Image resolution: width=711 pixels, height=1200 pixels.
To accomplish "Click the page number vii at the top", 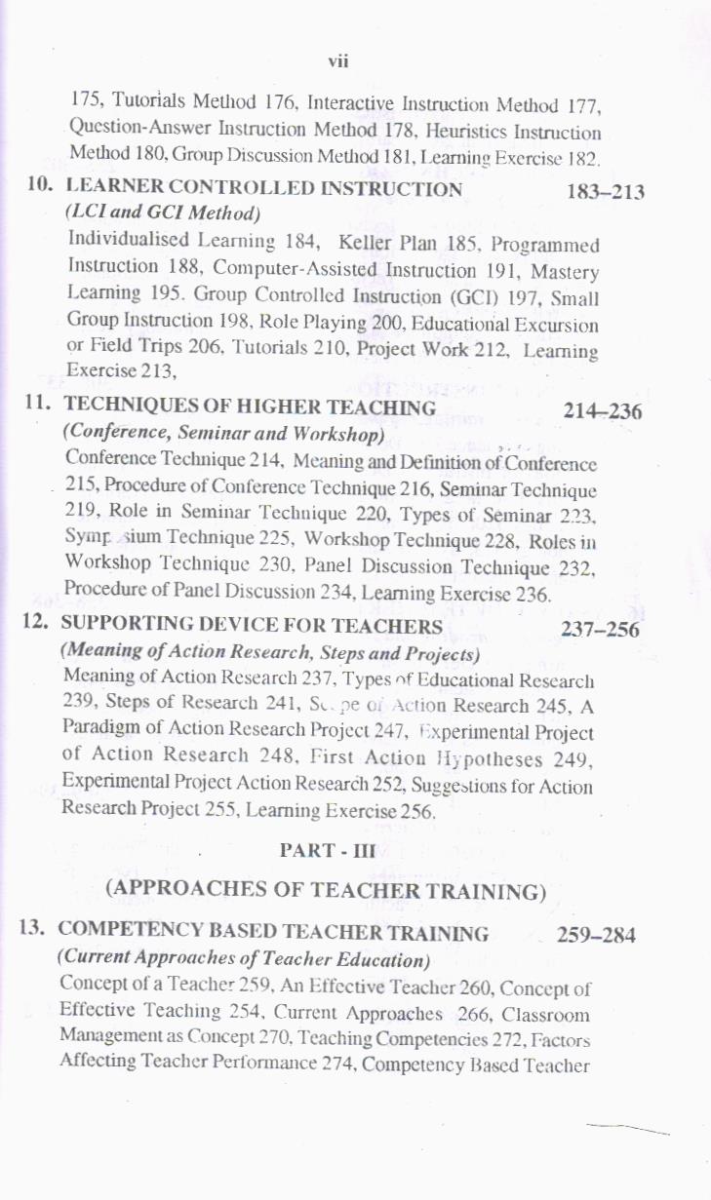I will [338, 61].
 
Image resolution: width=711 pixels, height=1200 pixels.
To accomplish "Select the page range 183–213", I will [606, 192].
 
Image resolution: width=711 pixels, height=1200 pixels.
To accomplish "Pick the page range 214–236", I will [603, 411].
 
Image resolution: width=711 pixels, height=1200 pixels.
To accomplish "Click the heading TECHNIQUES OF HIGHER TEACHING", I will [250, 408].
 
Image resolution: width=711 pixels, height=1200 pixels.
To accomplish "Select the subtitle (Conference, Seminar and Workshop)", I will [224, 433].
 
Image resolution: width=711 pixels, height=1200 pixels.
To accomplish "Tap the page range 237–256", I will [600, 630].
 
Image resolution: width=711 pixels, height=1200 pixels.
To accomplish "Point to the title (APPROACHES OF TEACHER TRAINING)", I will [324, 889].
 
